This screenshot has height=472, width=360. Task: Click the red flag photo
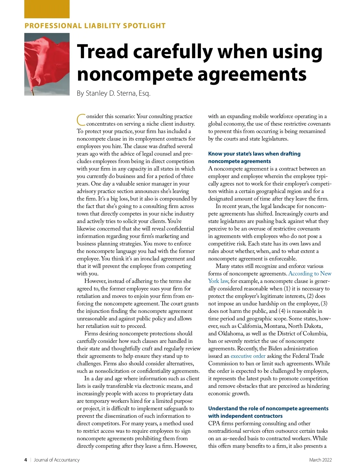pyautogui.click(x=47, y=64)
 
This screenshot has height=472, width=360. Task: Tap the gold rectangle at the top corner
pyautogui.click(x=47, y=9)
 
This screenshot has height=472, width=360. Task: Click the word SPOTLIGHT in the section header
pyautogui.click(x=144, y=26)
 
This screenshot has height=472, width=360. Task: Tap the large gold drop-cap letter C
pyautogui.click(x=81, y=120)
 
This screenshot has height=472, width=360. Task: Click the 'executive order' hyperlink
pyautogui.click(x=248, y=356)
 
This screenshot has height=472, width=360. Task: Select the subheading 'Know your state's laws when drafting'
pyautogui.click(x=254, y=154)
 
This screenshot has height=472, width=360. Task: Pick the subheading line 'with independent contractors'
pyautogui.click(x=245, y=416)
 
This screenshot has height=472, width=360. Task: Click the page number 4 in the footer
pyautogui.click(x=26, y=460)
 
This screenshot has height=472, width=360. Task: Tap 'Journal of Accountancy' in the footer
pyautogui.click(x=57, y=460)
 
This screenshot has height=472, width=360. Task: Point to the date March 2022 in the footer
pyautogui.click(x=320, y=460)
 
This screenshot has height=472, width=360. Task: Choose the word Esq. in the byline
pyautogui.click(x=144, y=94)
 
